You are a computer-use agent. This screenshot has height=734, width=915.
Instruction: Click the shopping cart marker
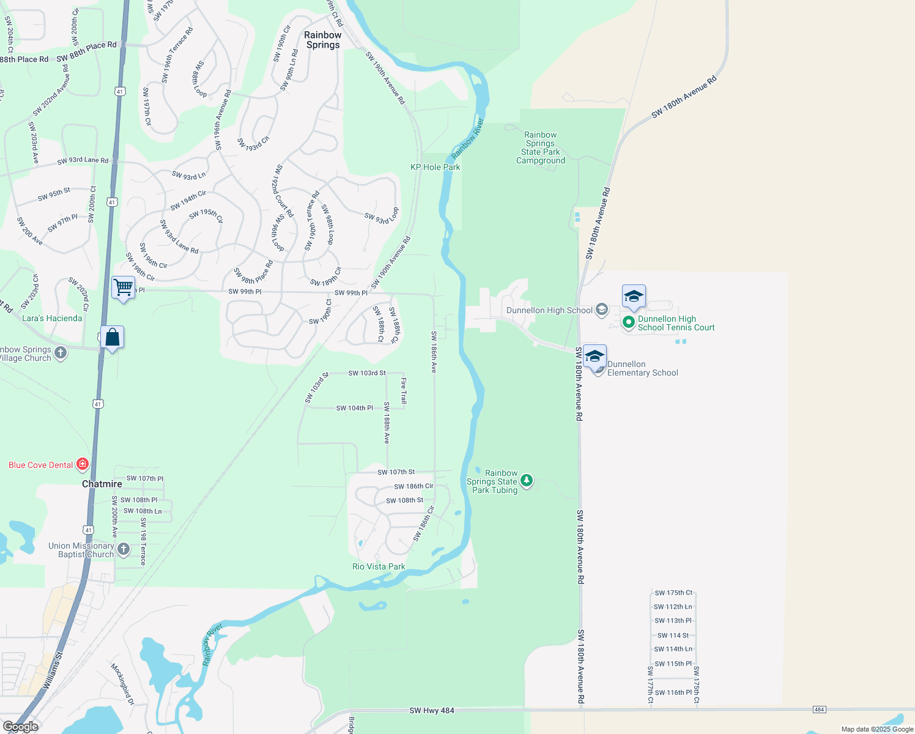pyautogui.click(x=123, y=287)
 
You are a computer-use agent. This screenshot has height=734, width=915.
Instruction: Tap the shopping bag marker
pyautogui.click(x=113, y=337)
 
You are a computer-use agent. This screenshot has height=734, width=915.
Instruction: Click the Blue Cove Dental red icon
pyautogui.click(x=83, y=464)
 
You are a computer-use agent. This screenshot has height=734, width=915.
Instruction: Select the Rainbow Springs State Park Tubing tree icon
pyautogui.click(x=527, y=481)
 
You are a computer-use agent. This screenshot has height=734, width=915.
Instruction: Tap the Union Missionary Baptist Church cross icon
pyautogui.click(x=124, y=549)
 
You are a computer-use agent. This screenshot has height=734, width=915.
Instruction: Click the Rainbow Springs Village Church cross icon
pyautogui.click(x=61, y=352)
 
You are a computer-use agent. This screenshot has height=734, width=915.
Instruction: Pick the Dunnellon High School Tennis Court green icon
pyautogui.click(x=628, y=322)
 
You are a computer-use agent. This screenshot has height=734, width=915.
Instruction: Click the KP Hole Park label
pyautogui.click(x=435, y=167)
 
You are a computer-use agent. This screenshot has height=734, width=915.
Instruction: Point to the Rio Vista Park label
pyautogui.click(x=379, y=566)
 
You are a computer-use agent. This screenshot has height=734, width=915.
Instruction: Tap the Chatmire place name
pyautogui.click(x=102, y=484)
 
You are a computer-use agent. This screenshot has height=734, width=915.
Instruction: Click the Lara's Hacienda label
pyautogui.click(x=52, y=318)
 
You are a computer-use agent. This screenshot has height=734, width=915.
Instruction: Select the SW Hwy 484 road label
pyautogui.click(x=432, y=710)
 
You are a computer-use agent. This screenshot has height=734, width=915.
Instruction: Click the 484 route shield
pyautogui.click(x=820, y=710)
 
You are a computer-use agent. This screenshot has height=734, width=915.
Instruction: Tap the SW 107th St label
pyautogui.click(x=396, y=472)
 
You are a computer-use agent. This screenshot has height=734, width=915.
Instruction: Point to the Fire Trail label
pyautogui.click(x=404, y=390)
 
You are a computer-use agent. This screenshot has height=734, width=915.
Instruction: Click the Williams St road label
pyautogui.click(x=53, y=671)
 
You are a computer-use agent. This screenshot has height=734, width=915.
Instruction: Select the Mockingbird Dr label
pyautogui.click(x=122, y=684)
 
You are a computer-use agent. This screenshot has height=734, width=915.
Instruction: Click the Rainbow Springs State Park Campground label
pyautogui.click(x=541, y=148)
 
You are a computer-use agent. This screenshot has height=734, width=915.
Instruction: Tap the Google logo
pyautogui.click(x=21, y=727)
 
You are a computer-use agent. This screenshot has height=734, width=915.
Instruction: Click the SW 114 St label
pyautogui.click(x=673, y=636)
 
